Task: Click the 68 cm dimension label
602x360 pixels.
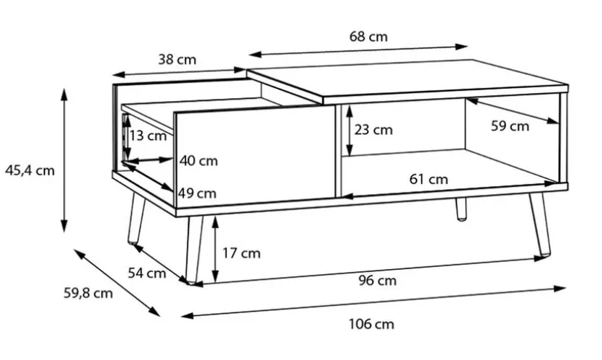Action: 368,37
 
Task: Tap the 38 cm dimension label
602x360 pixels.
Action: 177,60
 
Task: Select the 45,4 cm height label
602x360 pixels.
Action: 30,170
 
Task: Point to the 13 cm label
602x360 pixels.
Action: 148,135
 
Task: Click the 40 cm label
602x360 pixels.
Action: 198,161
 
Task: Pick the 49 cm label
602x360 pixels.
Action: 198,193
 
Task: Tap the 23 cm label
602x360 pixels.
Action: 373,130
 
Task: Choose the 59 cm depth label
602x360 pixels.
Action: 510,126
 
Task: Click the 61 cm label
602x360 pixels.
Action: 428,179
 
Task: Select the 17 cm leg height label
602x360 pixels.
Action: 242,253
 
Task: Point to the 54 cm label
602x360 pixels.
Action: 147,273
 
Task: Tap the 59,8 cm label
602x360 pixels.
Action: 88,293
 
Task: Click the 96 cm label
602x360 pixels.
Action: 377,281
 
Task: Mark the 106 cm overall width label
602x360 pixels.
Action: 371,324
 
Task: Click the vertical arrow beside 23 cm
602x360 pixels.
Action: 349,131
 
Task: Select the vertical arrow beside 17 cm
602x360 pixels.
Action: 216,250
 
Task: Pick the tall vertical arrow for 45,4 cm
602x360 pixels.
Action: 64,160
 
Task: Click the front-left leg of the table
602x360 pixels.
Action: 193,250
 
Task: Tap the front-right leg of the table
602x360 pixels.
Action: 540,224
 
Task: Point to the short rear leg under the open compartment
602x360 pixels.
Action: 461,209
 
